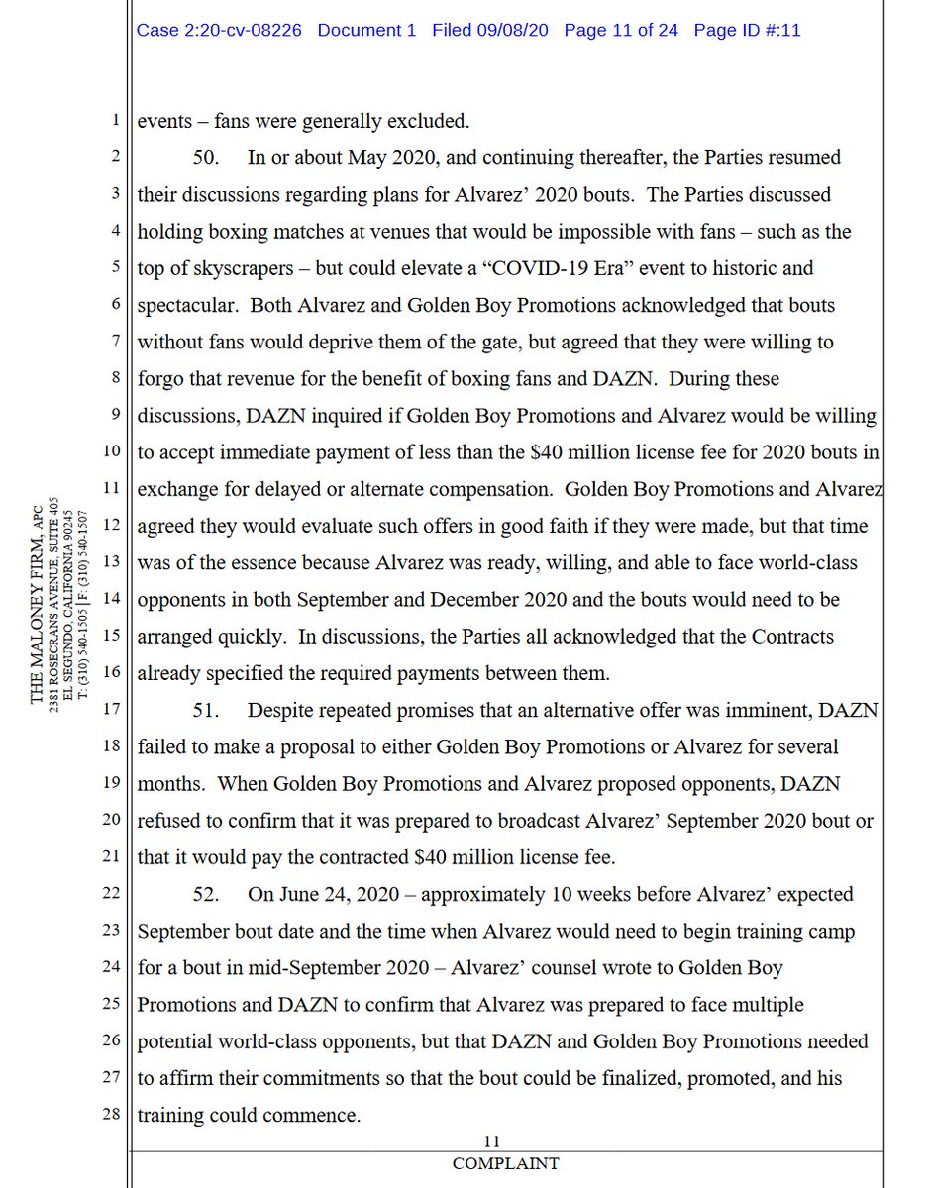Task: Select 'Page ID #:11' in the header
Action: [747, 30]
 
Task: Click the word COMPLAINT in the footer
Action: [505, 1163]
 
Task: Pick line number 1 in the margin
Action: [115, 121]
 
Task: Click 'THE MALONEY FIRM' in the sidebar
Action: [36, 614]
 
